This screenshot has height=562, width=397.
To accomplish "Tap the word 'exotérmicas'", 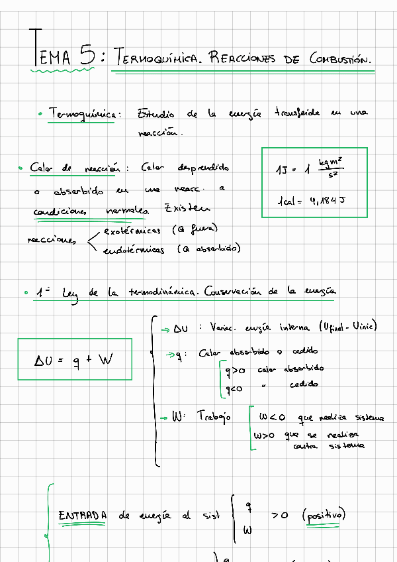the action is coord(132,231).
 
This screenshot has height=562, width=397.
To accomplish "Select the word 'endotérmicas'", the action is coord(138,250).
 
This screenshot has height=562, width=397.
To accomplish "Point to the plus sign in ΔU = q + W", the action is coord(88,361).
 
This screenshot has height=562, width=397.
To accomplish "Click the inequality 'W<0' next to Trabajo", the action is coord(272,418).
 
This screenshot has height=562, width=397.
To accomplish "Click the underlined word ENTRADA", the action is coord(83,516).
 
